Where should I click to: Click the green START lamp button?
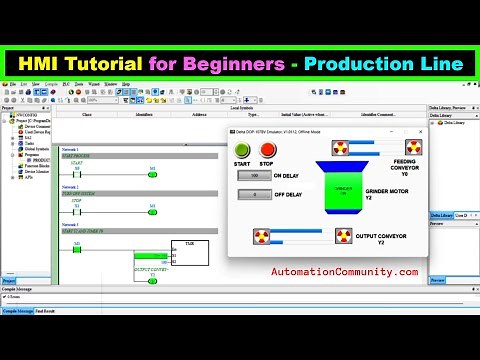242,150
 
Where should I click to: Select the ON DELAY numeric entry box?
254,175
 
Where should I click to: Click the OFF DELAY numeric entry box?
254,194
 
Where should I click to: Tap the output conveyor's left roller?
262,236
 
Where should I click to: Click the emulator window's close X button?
420,131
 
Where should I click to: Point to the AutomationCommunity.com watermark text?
344,271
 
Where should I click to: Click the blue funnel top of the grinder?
343,166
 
